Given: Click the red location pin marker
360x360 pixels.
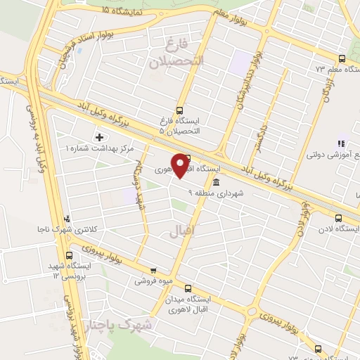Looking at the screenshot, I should pyautogui.click(x=181, y=165).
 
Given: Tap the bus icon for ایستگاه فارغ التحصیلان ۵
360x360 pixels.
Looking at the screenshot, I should pyautogui.click(x=181, y=110).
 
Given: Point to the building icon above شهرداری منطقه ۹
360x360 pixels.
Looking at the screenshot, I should pyautogui.click(x=214, y=182).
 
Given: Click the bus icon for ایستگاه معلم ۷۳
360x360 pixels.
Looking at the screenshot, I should pyautogui.click(x=341, y=59).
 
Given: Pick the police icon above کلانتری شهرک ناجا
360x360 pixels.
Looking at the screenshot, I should pyautogui.click(x=67, y=218).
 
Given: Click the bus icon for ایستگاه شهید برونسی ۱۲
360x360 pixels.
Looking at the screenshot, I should pyautogui.click(x=68, y=256).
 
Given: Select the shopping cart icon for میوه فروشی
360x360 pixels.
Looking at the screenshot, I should pyautogui.click(x=153, y=269).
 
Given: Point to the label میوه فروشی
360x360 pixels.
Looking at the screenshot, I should pyautogui.click(x=153, y=281).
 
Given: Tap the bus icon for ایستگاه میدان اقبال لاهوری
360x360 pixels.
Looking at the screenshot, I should pyautogui.click(x=188, y=288).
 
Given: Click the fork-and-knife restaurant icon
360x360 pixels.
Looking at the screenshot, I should pyautogui.click(x=340, y=144).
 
